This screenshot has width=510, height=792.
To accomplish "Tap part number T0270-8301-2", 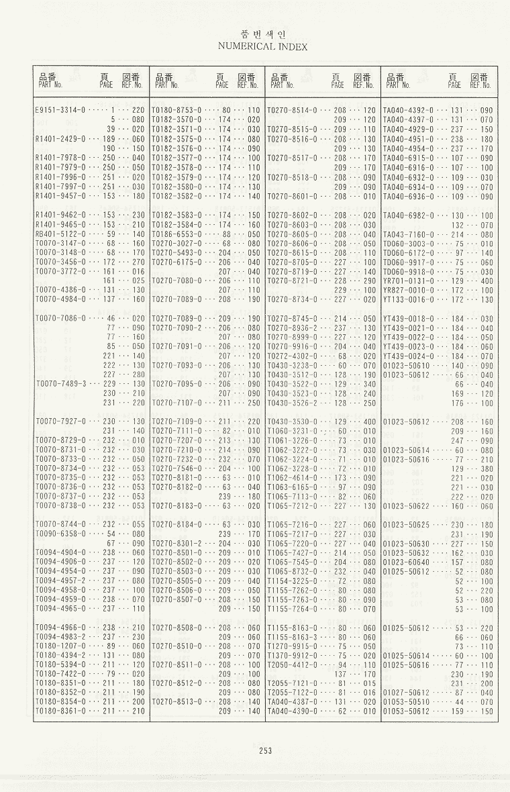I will coord(176,543).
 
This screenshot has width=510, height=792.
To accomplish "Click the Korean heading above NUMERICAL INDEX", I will coord(262,34).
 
